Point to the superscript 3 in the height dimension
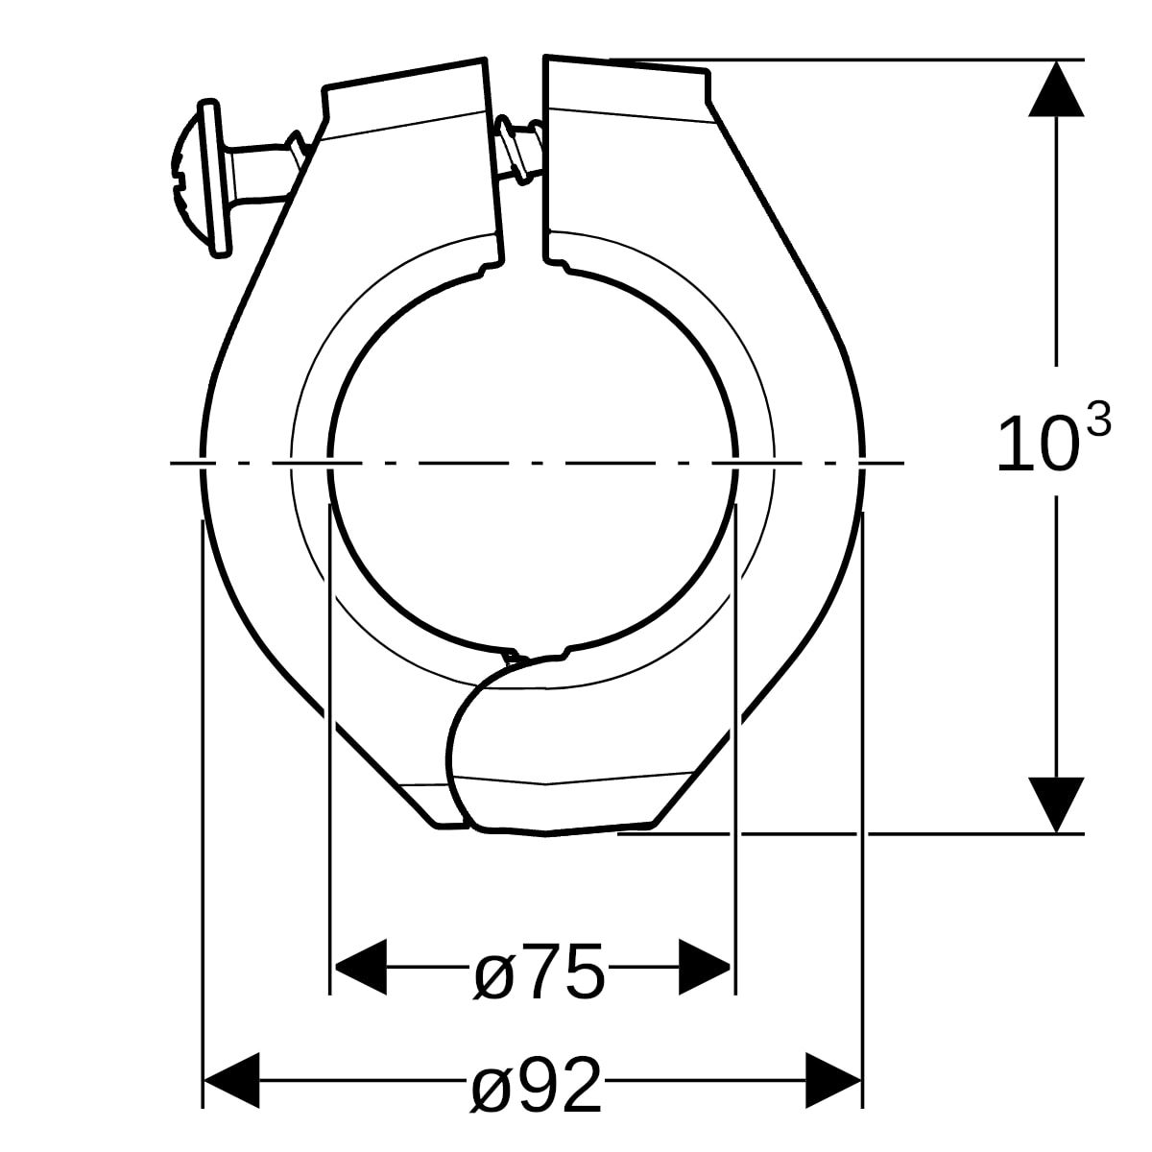click(x=1098, y=420)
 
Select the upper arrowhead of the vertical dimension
click(x=1056, y=89)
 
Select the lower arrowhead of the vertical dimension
click(x=1056, y=804)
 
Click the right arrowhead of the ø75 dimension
click(x=707, y=968)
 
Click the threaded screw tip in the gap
click(x=518, y=149)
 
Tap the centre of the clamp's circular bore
click(x=533, y=461)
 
